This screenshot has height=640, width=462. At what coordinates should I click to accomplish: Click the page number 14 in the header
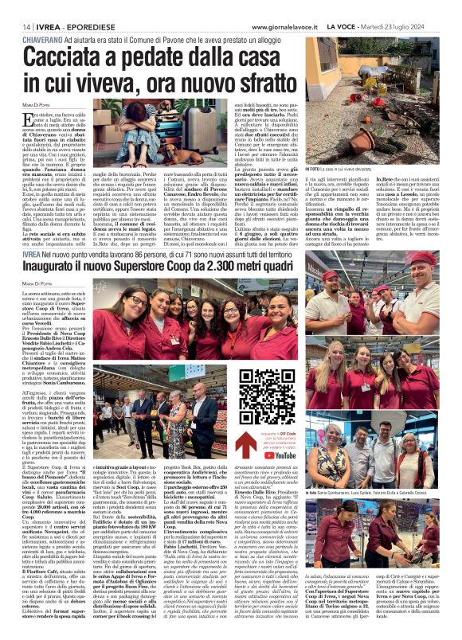tap(17, 28)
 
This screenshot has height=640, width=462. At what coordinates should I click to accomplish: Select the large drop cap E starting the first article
tap(29, 120)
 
